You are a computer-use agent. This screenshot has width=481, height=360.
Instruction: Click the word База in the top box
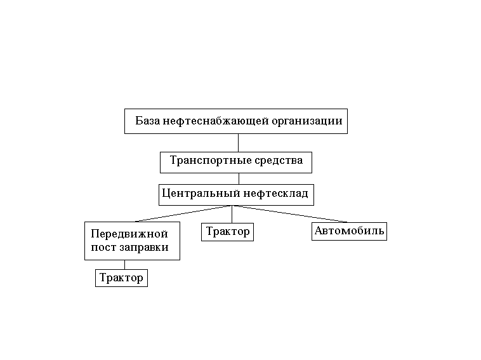point(148,121)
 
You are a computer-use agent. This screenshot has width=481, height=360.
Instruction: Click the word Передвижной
point(129,234)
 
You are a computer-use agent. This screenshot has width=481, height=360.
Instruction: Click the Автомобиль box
point(350,230)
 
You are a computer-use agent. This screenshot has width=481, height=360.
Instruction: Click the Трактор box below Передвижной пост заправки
point(121,278)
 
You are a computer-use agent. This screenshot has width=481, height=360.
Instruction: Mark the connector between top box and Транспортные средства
point(238,143)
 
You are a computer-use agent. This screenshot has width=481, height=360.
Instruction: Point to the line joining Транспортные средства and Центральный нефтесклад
point(239,178)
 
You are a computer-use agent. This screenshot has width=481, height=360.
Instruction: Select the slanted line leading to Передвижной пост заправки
point(184,213)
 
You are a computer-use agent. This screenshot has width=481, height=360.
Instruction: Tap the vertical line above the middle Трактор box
point(232,214)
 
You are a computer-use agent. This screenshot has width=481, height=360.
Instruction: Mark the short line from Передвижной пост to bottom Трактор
point(124,265)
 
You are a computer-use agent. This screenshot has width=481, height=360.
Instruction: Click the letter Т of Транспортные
point(173,161)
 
